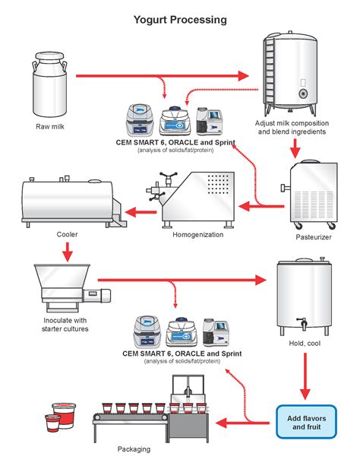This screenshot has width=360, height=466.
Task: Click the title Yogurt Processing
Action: (180, 20)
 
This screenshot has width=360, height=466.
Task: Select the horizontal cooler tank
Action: (65, 201)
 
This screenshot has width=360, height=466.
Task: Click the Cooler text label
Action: (67, 234)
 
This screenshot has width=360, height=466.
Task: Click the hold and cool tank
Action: (305, 297)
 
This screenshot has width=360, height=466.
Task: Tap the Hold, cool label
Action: (304, 345)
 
